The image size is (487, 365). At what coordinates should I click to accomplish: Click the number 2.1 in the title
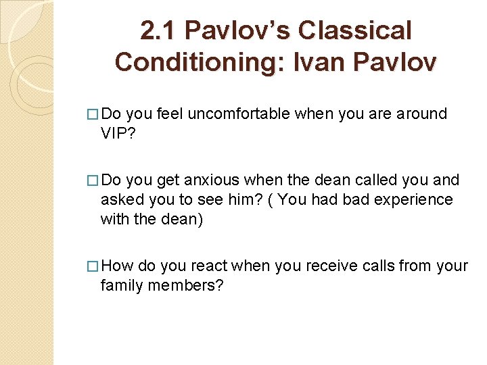tap(158, 30)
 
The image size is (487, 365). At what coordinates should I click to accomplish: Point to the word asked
tap(120, 199)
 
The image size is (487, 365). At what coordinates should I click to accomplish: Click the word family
tap(121, 285)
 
